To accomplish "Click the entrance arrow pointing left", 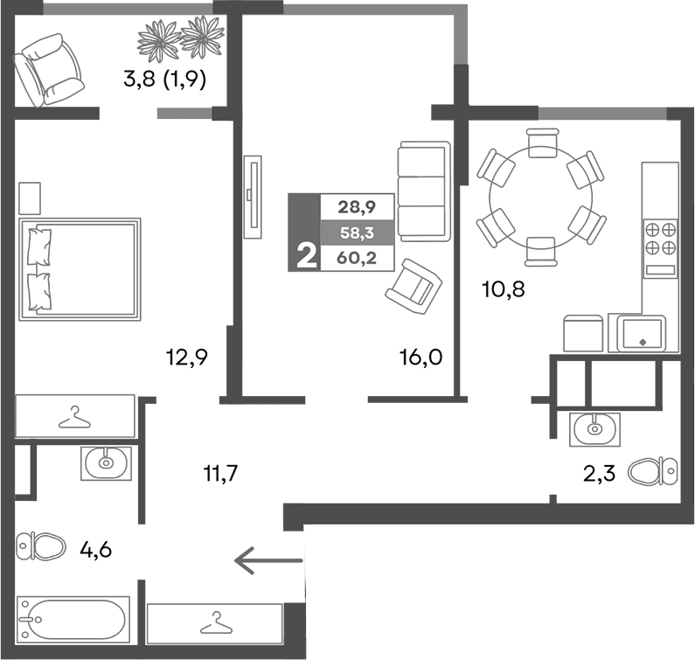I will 267,559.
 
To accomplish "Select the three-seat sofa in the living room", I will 422,191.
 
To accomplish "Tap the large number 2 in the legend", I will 306,257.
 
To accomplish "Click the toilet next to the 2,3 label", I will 653,470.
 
